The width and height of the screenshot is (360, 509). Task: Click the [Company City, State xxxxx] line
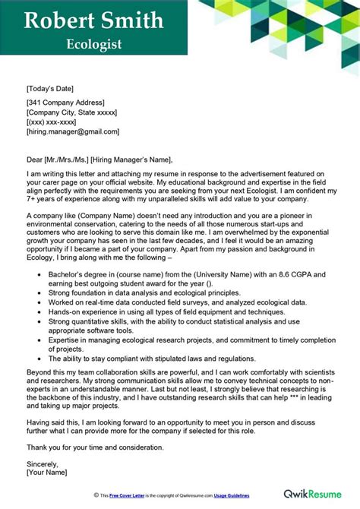pos(71,112)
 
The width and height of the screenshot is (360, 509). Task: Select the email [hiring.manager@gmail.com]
pos(73,131)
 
